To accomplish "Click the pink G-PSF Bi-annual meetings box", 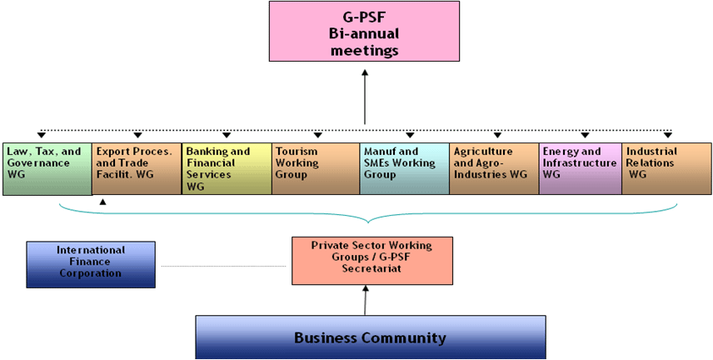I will point(364,31).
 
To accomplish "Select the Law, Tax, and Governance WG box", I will point(47,169).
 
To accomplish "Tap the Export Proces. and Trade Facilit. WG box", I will point(137,169).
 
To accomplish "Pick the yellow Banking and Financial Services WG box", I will point(227,169).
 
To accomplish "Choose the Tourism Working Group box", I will point(316,169).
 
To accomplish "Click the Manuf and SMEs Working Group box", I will point(405,169).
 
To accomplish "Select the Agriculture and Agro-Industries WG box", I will point(494,169).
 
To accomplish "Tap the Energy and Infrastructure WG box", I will point(580,169).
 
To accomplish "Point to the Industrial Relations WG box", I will point(663,169).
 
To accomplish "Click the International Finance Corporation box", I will point(91,264).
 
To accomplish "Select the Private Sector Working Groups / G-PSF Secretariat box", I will point(371,260).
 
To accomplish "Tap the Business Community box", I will point(371,337).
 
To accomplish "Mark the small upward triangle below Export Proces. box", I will point(102,202).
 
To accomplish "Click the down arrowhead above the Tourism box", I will point(317,135).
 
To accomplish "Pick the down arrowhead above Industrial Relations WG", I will point(667,135).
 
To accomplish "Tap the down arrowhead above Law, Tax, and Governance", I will point(41,135).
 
